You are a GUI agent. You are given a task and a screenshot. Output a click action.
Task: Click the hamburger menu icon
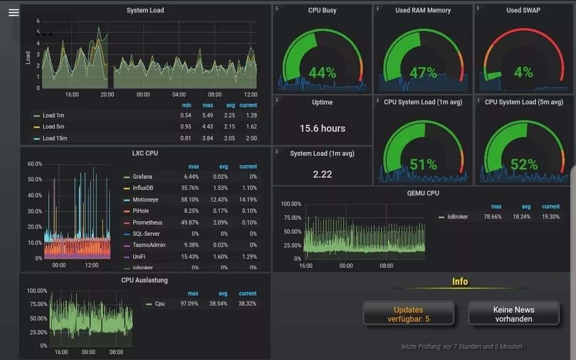point(13,12)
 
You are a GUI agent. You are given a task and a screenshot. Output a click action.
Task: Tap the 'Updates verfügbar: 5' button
point(408,314)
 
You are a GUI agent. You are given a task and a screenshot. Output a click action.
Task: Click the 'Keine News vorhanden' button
point(514,314)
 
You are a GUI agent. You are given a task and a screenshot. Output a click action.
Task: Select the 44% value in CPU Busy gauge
point(322,73)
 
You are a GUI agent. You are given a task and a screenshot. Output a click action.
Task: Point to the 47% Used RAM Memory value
point(423,73)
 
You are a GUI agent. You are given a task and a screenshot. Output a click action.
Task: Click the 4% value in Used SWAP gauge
point(523,72)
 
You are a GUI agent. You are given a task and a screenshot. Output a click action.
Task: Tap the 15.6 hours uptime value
point(322,129)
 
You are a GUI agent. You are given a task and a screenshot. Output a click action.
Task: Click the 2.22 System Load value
point(322,174)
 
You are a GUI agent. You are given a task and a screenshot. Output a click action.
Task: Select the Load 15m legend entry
point(54,138)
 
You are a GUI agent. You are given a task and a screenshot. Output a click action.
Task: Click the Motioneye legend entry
point(145,199)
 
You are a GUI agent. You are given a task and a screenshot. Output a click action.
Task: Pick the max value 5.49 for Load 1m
point(207,115)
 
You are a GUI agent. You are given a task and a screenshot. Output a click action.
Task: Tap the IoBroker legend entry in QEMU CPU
point(458,217)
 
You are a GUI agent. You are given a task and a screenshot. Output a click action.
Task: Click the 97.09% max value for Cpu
point(189,303)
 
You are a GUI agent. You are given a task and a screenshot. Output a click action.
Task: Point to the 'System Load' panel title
point(145,10)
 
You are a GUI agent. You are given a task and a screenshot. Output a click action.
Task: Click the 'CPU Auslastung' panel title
point(144,280)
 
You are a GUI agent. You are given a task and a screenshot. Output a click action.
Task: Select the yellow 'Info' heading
point(460,282)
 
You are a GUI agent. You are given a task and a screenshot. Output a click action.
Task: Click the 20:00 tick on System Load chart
point(107,94)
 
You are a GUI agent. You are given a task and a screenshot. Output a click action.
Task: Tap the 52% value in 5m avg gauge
point(524,165)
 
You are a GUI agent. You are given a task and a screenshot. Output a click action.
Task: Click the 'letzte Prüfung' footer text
point(461,347)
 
